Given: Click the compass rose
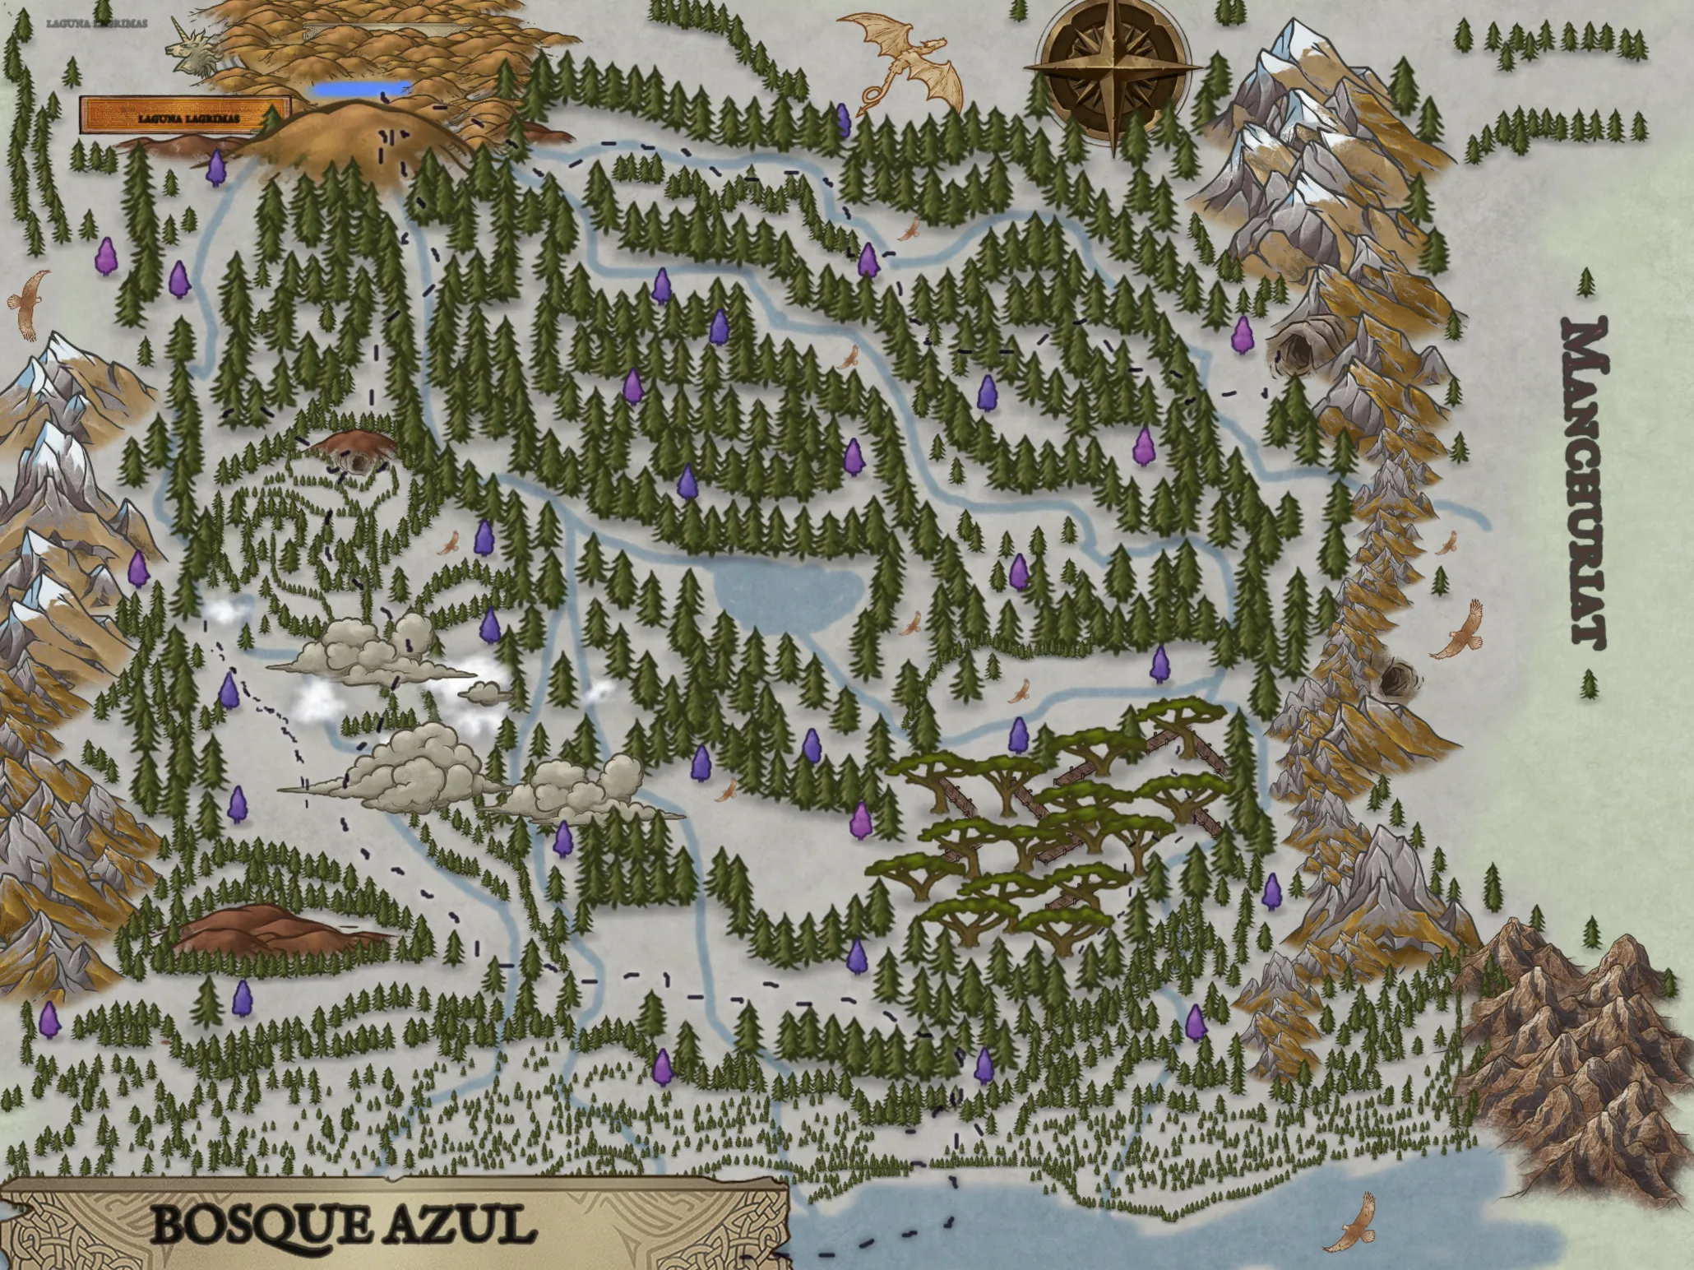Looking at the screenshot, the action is point(1114,70).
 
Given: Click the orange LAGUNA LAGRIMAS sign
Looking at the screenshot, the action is point(186,116).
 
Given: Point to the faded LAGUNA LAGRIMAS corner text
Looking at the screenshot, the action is point(97,23).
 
